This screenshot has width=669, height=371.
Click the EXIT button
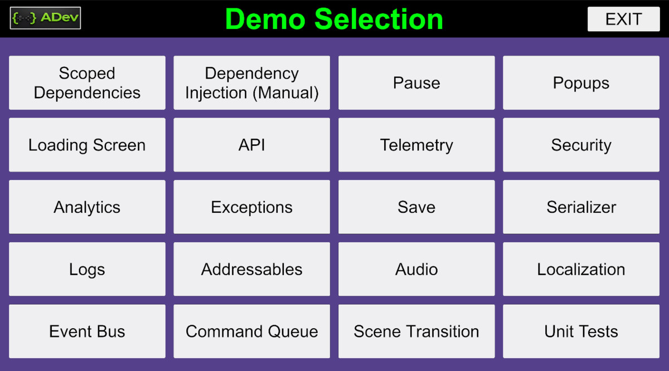point(623,19)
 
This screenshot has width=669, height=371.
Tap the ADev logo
point(45,18)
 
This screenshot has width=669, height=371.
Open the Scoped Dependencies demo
point(87,82)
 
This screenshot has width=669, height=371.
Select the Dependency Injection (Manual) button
point(251,82)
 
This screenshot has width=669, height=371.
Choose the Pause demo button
point(416,82)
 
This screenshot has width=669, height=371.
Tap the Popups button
point(581,82)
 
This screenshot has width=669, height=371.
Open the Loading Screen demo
point(87,145)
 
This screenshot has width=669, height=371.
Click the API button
point(251,145)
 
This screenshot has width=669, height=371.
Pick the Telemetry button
point(416,145)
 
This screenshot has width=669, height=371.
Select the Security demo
point(581,145)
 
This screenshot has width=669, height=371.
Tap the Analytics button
point(87,207)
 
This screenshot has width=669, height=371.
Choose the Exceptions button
point(251,207)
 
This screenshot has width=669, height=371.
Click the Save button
point(416,207)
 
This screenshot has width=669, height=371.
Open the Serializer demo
point(581,207)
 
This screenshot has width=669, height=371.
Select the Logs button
point(87,269)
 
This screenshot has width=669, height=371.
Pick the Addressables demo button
point(251,269)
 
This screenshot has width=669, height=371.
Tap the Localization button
point(581,269)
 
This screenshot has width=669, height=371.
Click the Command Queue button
point(251,331)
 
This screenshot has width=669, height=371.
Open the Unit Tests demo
point(581,331)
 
